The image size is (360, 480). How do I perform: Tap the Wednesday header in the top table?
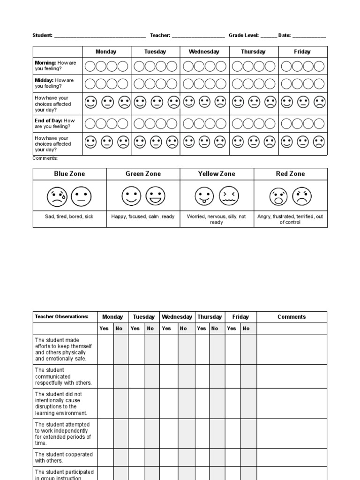(204, 52)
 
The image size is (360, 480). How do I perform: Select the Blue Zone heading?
(69, 174)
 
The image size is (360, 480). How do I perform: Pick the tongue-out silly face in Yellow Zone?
(204, 196)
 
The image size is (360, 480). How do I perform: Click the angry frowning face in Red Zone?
(302, 196)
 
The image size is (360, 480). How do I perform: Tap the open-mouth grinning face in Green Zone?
(155, 196)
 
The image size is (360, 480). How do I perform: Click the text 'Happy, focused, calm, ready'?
(143, 217)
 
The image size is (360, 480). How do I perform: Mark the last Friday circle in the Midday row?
(319, 84)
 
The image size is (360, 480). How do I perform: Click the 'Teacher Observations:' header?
(61, 317)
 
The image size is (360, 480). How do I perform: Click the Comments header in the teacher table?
(291, 317)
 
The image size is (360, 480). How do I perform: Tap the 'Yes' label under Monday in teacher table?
(104, 329)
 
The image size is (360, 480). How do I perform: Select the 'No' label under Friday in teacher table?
(246, 329)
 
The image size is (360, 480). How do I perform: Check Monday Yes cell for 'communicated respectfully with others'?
(105, 376)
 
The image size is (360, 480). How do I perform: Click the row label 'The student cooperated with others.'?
(64, 457)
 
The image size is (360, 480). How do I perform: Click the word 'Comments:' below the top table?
(45, 158)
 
